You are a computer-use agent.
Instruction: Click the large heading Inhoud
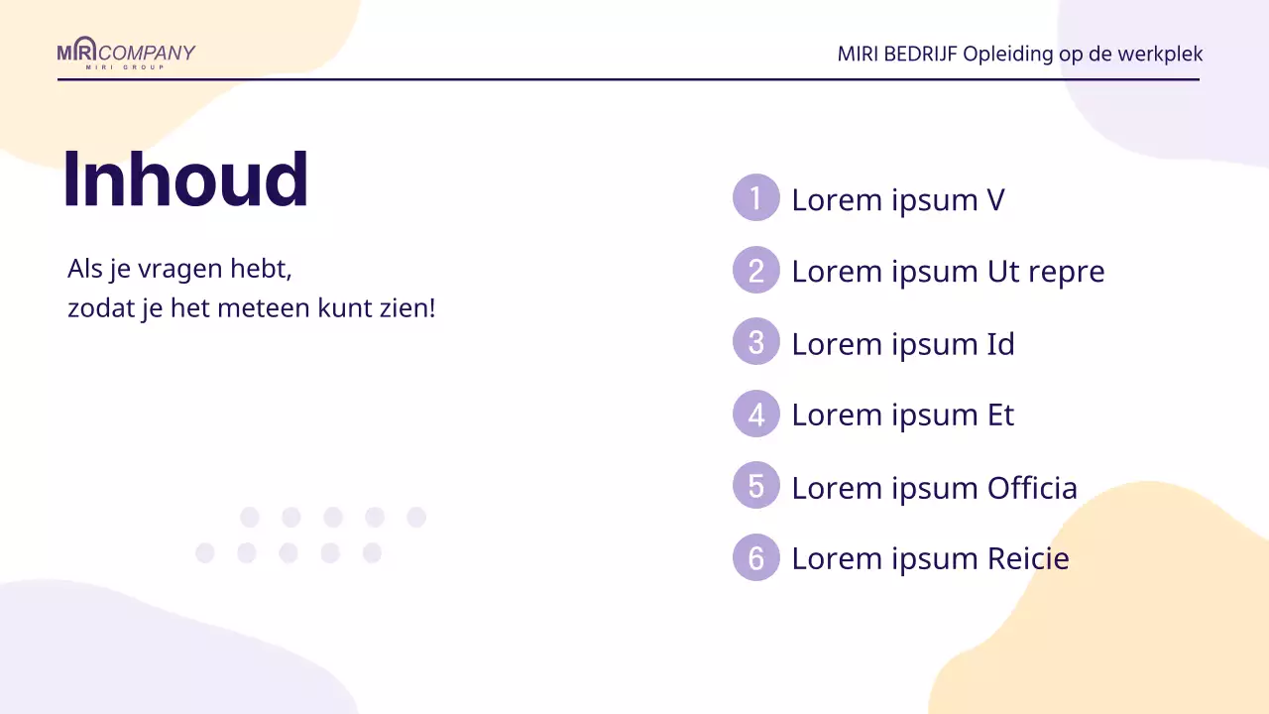click(186, 179)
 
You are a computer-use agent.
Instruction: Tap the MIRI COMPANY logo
click(126, 54)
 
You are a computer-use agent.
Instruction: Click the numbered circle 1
click(756, 198)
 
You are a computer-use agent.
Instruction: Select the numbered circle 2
click(756, 271)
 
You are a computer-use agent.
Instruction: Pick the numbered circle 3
click(756, 342)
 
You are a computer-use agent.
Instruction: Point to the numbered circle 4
click(756, 415)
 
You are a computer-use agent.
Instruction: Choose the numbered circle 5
click(756, 486)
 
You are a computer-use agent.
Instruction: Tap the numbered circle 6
click(756, 558)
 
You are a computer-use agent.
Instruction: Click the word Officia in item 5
click(1032, 487)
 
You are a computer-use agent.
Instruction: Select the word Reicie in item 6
click(1028, 558)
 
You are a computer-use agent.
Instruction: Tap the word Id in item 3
click(1000, 343)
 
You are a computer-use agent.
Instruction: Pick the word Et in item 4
click(1000, 415)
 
